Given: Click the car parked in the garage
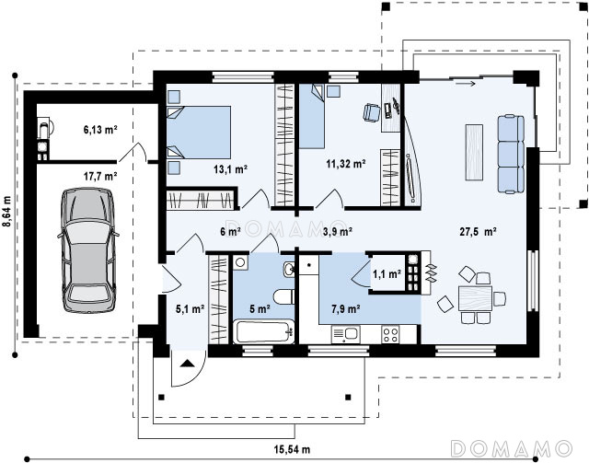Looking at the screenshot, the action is tap(88, 250).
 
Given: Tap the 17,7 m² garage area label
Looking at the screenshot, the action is tap(100, 176).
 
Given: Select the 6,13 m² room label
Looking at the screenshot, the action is tap(100, 130).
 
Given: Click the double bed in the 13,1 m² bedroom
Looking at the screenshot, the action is tap(199, 133).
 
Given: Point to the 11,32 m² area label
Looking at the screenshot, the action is tap(346, 164).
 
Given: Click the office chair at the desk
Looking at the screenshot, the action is tap(372, 112).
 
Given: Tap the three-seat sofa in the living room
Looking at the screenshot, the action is tap(511, 155).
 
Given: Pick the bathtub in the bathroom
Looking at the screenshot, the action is tap(263, 331).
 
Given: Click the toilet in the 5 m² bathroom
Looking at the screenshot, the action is tap(284, 296).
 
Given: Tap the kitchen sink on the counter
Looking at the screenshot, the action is tap(345, 334).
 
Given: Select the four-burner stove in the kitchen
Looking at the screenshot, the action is tap(390, 334).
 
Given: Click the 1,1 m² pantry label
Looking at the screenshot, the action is tap(387, 274).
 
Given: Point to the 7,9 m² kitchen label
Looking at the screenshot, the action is tap(346, 309).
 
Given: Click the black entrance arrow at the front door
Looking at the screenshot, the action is tap(187, 364).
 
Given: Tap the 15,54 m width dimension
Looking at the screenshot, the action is tap(292, 449).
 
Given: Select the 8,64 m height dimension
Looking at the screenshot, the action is tap(7, 212).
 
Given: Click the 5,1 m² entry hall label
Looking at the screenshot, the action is tap(191, 309).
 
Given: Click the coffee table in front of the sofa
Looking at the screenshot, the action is tap(474, 152).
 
